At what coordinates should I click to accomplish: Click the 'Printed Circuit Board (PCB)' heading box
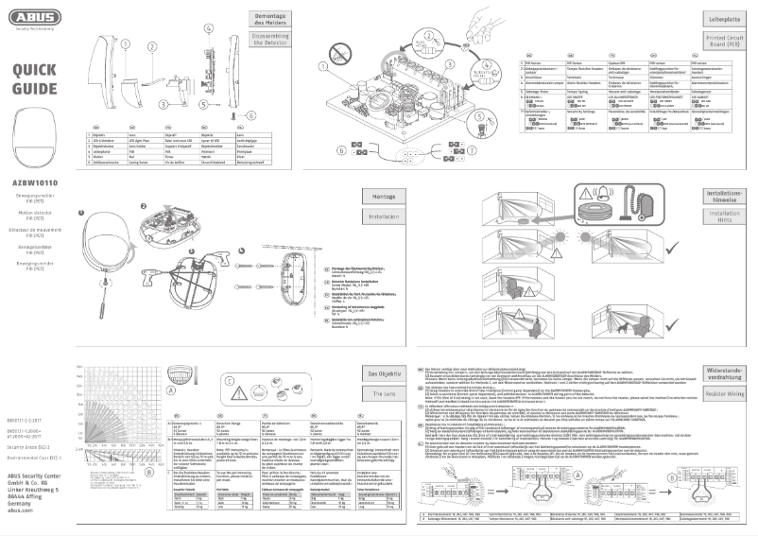coord(721,43)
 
